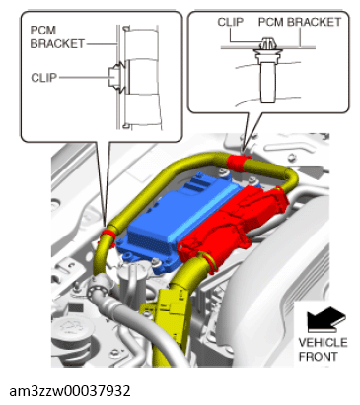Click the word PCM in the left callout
click(x=44, y=32)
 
